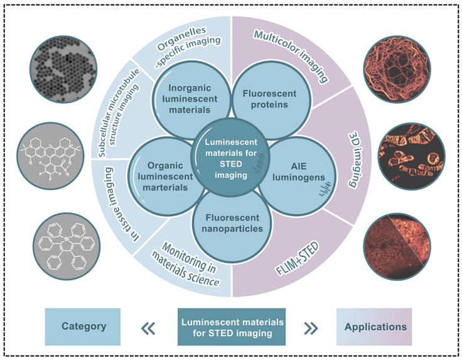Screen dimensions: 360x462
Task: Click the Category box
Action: point(83,327)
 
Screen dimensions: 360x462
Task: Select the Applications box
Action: point(375,327)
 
